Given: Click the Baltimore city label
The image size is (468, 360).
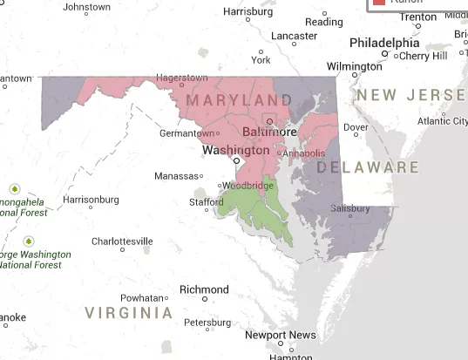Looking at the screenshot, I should click(269, 132).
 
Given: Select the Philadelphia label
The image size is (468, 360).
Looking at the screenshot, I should click(383, 43).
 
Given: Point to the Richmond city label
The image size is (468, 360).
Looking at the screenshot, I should click(203, 289).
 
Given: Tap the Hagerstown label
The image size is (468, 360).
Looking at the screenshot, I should click(181, 78).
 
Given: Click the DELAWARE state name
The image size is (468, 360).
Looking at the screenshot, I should click(367, 166).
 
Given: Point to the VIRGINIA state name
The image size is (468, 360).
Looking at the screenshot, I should click(128, 311).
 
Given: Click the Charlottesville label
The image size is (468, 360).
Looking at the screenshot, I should click(122, 241).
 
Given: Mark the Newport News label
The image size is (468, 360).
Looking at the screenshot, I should click(280, 335).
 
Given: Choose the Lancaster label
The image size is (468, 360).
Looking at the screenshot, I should click(294, 36).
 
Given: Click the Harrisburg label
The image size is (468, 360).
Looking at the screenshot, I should click(248, 11).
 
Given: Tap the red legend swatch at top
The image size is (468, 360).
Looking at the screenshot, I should click(379, 3).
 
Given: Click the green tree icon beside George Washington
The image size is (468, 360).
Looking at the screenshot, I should click(29, 241).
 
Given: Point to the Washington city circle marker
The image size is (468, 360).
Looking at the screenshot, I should click(236, 160).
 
